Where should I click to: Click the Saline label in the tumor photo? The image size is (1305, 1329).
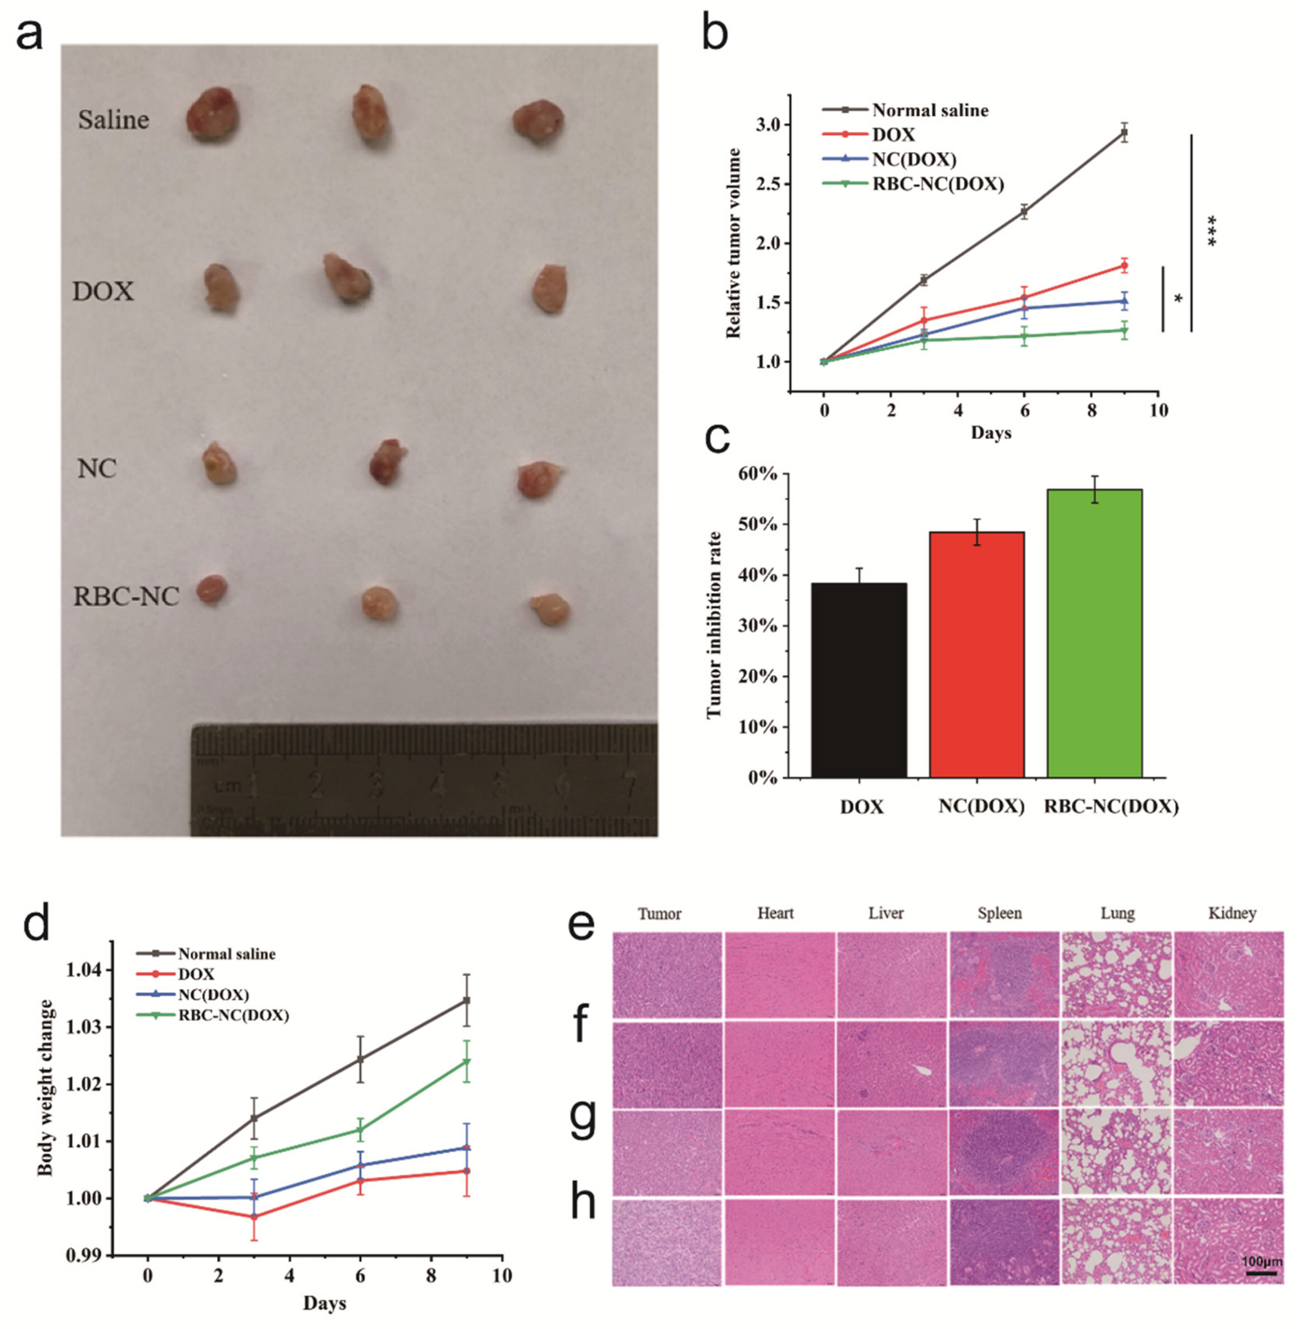[x=113, y=120]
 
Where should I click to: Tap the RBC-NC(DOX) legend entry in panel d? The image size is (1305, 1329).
[x=233, y=1015]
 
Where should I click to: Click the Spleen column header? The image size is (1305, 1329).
[x=999, y=913]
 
